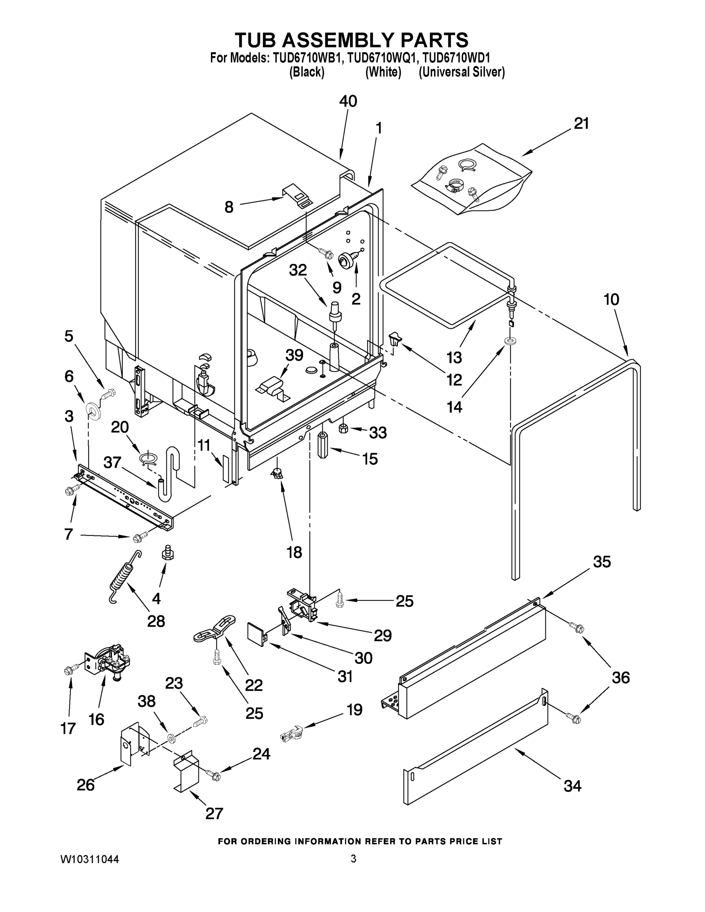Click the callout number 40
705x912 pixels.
[x=348, y=101]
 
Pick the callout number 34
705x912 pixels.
[x=572, y=786]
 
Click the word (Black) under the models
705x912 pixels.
[x=307, y=72]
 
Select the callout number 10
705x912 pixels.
[x=611, y=299]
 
